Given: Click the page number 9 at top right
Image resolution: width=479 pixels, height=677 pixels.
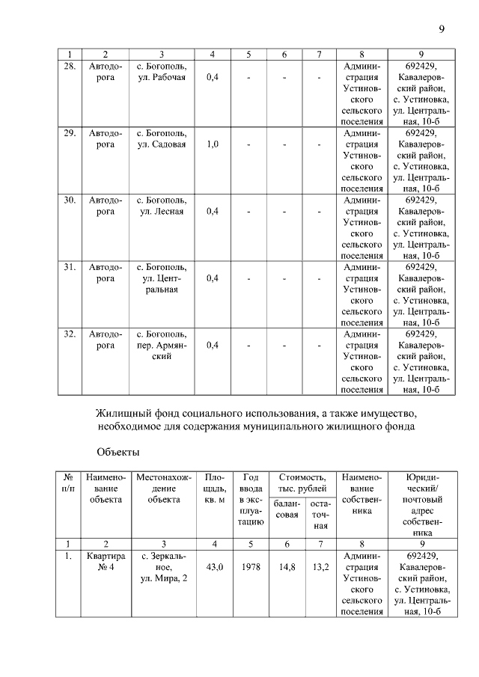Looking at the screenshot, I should coord(442,29).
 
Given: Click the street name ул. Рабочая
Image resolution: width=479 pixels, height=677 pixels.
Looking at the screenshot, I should coord(162,78).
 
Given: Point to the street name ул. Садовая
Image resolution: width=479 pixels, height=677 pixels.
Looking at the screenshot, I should coord(162,144).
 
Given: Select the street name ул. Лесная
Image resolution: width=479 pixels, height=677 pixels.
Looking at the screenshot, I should coord(162,212).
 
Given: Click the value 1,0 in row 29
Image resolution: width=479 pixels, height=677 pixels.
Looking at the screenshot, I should coord(213,144).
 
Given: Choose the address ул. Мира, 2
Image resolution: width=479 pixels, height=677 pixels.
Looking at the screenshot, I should coord(162,579).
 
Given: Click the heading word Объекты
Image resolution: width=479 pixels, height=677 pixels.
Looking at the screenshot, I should coord(118,453).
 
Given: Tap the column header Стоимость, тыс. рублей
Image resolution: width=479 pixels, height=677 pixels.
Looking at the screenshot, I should coord(302,483).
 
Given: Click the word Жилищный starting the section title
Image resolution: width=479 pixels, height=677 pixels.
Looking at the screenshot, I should coord(122,413).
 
